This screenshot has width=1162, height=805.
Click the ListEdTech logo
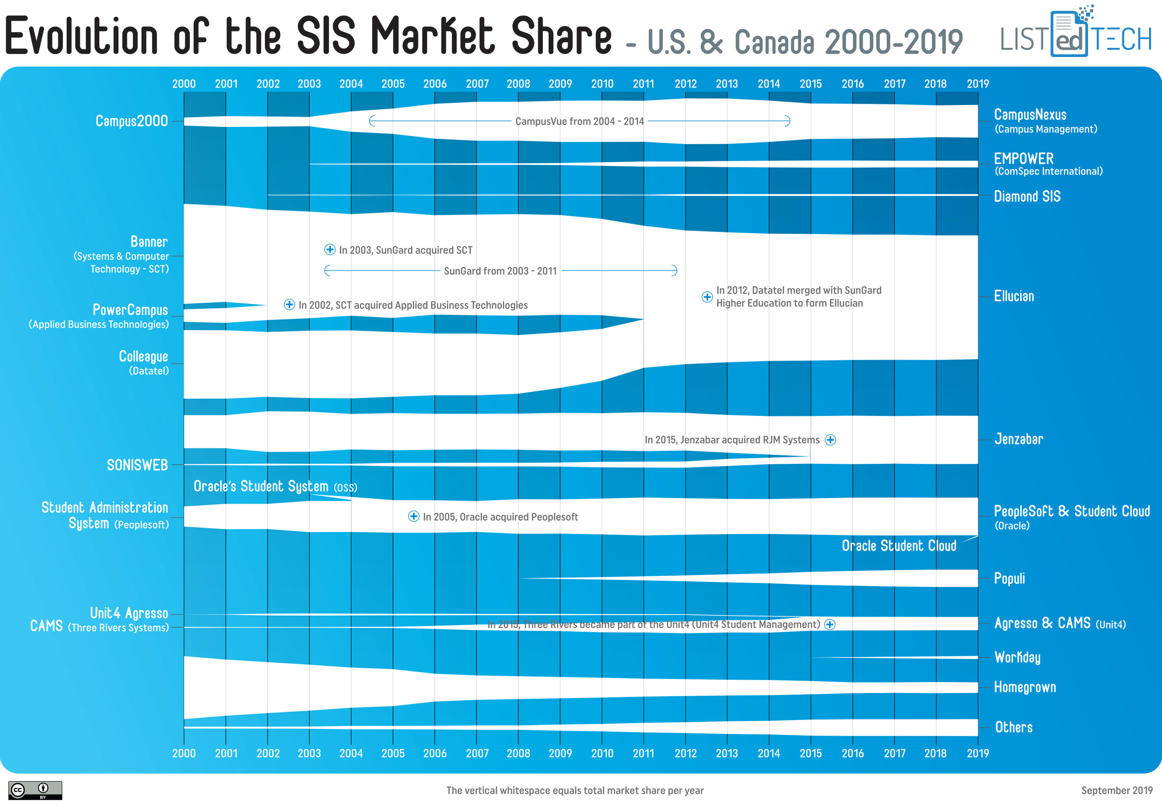[1075, 34]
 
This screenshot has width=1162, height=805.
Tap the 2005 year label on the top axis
[393, 84]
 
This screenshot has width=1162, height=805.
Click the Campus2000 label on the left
[132, 121]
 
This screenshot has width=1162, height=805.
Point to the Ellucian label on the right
[1014, 296]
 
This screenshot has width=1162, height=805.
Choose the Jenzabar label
[1018, 439]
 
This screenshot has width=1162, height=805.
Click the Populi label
[1009, 578]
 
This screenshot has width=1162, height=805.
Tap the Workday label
[1017, 657]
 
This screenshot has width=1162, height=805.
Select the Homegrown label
[1024, 687]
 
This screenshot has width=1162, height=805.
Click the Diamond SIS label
[1027, 196]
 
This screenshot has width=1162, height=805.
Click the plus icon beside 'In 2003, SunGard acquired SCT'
[330, 250]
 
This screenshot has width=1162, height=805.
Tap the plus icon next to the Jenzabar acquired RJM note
[830, 440]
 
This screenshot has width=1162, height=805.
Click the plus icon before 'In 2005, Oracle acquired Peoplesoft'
[414, 516]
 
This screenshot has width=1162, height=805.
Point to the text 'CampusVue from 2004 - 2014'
[579, 121]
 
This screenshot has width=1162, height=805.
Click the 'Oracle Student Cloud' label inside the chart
[899, 546]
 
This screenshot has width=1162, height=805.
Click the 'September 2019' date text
[1116, 791]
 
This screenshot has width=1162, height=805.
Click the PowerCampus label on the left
[130, 310]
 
